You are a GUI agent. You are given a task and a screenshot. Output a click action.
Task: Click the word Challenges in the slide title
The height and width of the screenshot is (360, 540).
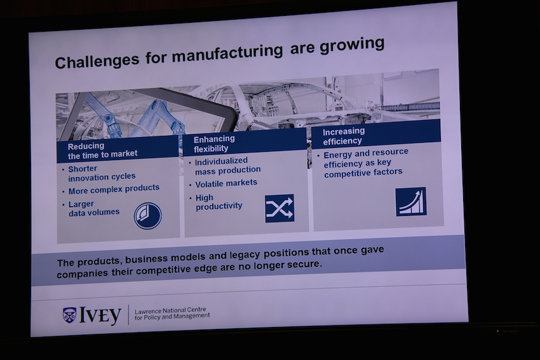(x=97, y=61)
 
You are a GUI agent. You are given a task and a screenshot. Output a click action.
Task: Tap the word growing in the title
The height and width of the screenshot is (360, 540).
(x=351, y=46)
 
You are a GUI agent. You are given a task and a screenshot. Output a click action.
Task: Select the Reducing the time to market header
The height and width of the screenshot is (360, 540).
(x=103, y=150)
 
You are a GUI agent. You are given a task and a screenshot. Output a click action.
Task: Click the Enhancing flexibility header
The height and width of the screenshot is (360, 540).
(x=214, y=143)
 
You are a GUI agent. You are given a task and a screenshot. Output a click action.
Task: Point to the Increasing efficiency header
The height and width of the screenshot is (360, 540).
(x=343, y=136)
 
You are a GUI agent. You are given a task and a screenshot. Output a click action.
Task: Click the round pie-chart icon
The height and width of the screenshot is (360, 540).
(x=148, y=216)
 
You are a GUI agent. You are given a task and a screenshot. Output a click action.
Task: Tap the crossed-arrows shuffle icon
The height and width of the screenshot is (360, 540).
(x=280, y=208)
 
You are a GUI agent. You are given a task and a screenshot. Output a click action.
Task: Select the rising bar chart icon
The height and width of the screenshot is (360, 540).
(x=411, y=202)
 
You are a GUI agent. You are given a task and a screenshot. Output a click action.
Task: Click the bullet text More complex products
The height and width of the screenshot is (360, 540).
(x=114, y=189)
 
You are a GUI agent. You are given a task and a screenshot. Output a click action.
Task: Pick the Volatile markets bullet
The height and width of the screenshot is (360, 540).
(x=226, y=183)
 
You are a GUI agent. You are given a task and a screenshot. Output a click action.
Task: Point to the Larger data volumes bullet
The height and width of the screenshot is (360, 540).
(x=93, y=208)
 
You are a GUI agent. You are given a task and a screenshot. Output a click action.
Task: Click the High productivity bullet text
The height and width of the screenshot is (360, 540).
(x=219, y=202)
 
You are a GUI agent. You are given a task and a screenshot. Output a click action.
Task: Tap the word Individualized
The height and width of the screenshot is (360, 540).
(x=221, y=161)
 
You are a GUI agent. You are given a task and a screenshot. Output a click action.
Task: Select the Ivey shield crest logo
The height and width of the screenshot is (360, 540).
(x=69, y=314)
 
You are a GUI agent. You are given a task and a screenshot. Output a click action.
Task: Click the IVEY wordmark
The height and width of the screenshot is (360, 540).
(x=100, y=315)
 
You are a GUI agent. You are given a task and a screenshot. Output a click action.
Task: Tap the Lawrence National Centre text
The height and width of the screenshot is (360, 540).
(x=170, y=310)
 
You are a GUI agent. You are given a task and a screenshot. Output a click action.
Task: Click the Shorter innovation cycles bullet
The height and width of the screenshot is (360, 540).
(x=102, y=173)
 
